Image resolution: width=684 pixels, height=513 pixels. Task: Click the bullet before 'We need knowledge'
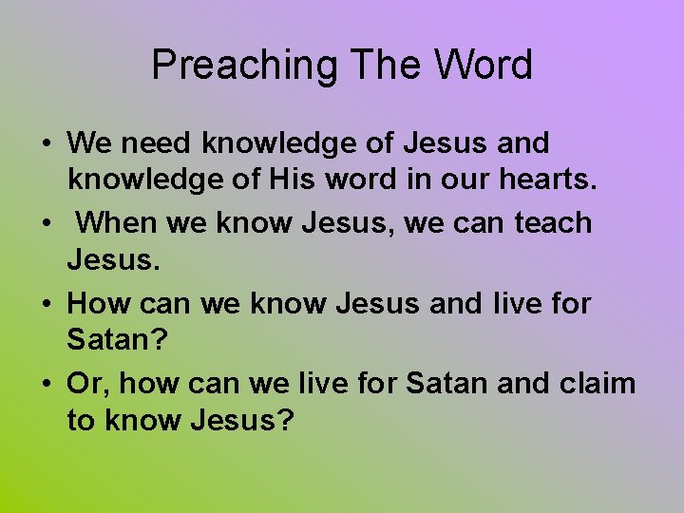pos(46,144)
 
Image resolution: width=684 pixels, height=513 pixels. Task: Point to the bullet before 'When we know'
pos(46,224)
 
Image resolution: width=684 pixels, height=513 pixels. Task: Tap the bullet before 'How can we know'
pos(46,305)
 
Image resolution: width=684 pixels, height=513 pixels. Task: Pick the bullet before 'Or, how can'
pos(46,385)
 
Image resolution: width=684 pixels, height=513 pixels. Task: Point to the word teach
pos(553,223)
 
